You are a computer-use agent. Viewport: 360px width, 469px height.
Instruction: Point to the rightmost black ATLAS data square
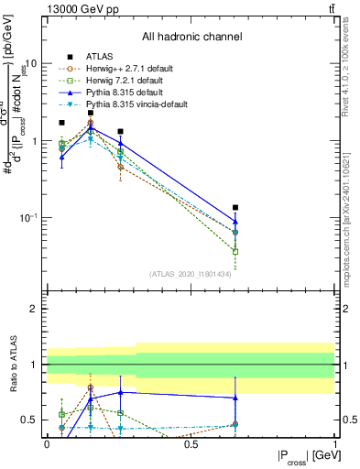[235, 208]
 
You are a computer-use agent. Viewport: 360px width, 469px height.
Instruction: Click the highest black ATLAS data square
[91, 113]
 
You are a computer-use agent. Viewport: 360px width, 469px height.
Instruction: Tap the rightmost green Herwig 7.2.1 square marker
[235, 251]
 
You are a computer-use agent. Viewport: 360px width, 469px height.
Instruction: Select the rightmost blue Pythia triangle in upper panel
[235, 221]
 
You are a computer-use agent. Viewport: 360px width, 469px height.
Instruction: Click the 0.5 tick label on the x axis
[191, 442]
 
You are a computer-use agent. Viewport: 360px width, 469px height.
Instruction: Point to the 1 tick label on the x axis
[334, 442]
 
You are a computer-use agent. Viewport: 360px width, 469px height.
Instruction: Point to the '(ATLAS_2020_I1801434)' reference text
[190, 274]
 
